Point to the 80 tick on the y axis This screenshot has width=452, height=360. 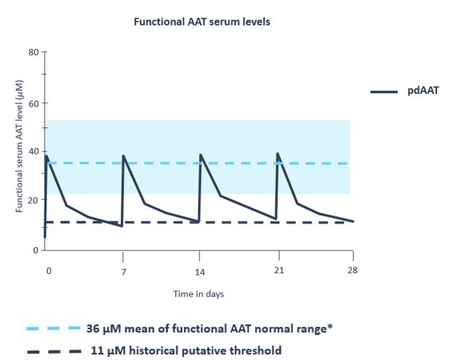tap(34, 52)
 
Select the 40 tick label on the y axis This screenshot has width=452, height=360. tap(34, 152)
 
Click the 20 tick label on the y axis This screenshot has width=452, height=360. tap(34, 201)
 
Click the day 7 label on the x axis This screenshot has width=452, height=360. tap(123, 272)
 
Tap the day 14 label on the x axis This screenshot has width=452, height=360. tap(200, 272)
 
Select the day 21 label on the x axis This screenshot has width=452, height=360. tap(277, 272)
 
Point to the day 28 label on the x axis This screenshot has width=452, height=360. tap(353, 272)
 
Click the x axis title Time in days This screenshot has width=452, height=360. tap(198, 294)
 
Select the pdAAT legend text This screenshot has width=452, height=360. tap(423, 92)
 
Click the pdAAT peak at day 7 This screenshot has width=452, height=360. tap(123, 155)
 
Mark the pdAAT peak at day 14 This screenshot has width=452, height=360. tap(200, 154)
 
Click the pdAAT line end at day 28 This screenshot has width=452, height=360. tap(354, 222)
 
